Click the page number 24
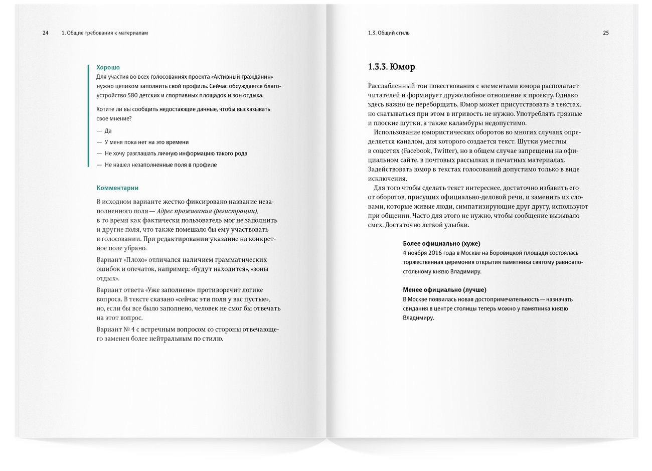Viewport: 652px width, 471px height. pos(46,33)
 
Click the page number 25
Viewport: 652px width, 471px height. pos(606,33)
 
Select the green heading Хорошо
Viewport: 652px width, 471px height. pos(108,67)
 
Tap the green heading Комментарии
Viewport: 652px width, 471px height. pos(117,188)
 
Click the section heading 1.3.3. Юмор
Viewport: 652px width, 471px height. pos(391,67)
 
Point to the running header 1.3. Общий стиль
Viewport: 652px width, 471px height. pos(389,33)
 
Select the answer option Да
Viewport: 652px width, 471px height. pos(108,131)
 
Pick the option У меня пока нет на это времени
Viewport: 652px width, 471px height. pos(146,142)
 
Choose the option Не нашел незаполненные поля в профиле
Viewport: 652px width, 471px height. pos(160,165)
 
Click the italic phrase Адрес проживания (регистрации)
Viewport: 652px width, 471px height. pos(207,211)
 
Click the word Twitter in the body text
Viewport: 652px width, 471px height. pos(444,150)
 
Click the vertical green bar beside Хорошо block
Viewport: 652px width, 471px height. pos(89,115)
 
